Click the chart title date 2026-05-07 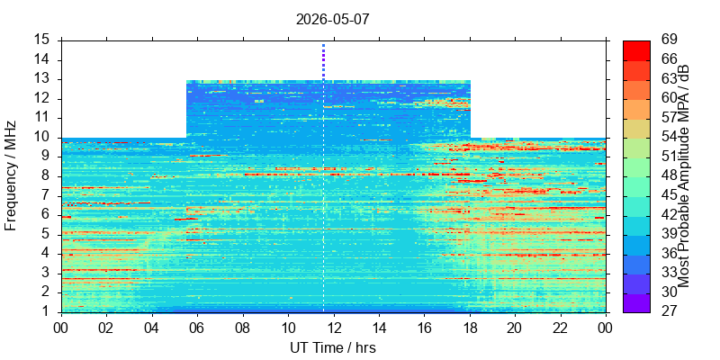tap(332, 20)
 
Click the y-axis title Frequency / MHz tap(11, 176)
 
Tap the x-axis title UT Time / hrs tap(333, 347)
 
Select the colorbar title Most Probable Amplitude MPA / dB tap(684, 176)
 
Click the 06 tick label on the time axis tap(197, 328)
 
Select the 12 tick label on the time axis tap(334, 328)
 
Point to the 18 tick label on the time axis tap(470, 328)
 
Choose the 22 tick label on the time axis tap(561, 328)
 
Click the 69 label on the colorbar tap(669, 40)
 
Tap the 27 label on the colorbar tap(669, 311)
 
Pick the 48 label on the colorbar tap(669, 175)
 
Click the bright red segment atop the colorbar tap(636, 50)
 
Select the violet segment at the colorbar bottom tap(636, 303)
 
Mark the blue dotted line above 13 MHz tap(323, 62)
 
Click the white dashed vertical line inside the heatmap tap(323, 196)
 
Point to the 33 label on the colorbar tap(669, 273)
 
